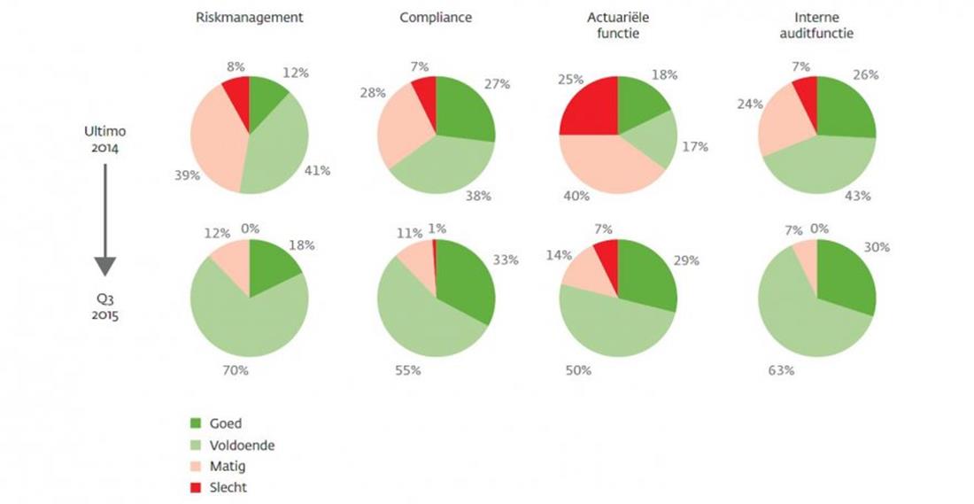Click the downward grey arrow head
coord(105,265)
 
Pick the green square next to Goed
coord(197,423)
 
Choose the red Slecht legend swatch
coord(197,487)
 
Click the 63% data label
coord(781,369)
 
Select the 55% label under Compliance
coord(408,369)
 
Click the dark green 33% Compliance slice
coord(465,283)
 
